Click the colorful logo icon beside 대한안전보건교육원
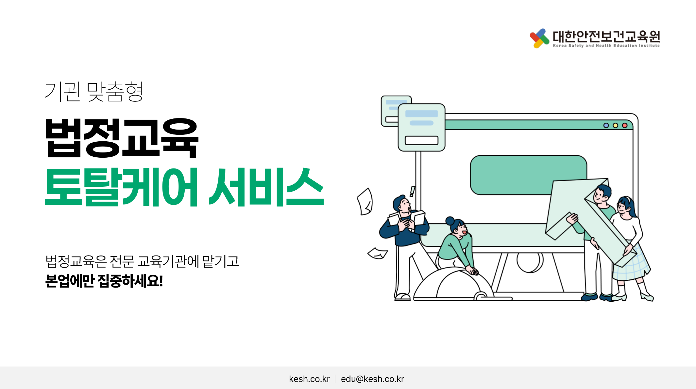pos(539,38)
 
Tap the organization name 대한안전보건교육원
pos(606,36)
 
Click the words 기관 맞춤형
pos(94,92)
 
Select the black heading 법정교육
pos(122,138)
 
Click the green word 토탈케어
pos(121,187)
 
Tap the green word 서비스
pos(266,187)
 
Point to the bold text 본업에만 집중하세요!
pos(104,281)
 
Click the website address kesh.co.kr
pos(309,379)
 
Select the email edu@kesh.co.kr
pos(372,379)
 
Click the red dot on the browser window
pos(625,125)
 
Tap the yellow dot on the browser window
pos(615,125)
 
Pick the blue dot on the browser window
pos(606,125)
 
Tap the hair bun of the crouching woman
pos(450,221)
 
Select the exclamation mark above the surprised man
pos(413,191)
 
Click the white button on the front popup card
pos(421,140)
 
